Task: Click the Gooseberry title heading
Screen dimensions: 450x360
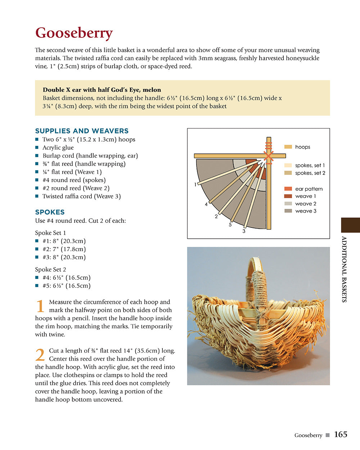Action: (x=74, y=33)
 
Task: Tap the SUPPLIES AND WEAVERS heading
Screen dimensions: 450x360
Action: (x=82, y=131)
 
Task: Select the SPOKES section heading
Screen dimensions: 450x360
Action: (x=50, y=212)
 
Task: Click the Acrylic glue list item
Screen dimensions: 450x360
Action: (x=58, y=148)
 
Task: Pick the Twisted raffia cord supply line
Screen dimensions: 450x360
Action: (x=81, y=196)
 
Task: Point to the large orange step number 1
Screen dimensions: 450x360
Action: (x=40, y=306)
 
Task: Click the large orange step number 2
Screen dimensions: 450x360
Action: (x=40, y=355)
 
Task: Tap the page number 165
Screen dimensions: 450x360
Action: (x=340, y=435)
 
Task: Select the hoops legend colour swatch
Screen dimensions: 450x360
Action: (x=288, y=147)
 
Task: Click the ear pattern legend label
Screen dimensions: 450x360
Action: (x=309, y=189)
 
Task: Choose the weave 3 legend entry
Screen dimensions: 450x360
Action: (x=306, y=211)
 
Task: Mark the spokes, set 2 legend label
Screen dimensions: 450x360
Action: (x=310, y=173)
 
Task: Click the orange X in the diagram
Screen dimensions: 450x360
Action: (x=268, y=156)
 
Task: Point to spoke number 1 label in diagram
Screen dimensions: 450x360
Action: (x=195, y=185)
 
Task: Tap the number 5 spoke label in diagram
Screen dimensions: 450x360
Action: (x=230, y=225)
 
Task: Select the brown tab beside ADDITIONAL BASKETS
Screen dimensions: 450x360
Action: (x=350, y=225)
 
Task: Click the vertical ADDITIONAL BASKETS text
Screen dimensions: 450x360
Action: (x=344, y=269)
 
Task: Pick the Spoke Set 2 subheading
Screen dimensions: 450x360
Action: (x=50, y=269)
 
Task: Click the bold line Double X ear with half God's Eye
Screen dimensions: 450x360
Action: (x=102, y=90)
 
